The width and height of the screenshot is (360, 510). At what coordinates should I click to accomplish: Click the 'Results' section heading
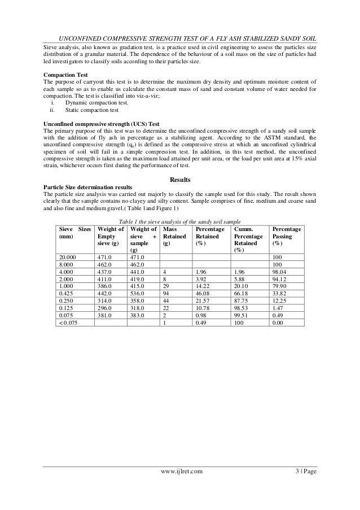tap(180, 180)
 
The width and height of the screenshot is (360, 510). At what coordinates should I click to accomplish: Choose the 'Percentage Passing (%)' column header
tap(287, 237)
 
